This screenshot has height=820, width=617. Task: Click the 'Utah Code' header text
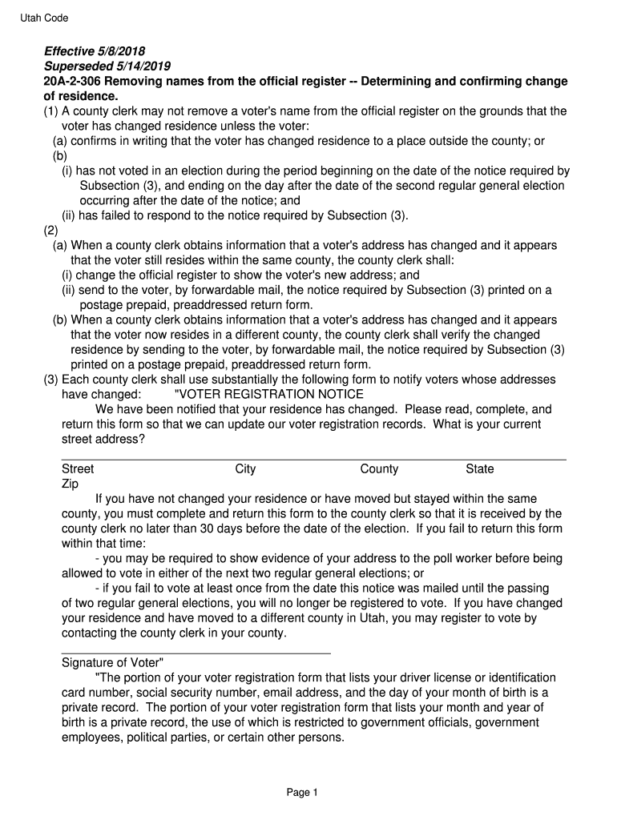(44, 18)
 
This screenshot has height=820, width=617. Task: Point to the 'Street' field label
(78, 469)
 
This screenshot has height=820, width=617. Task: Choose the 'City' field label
(245, 469)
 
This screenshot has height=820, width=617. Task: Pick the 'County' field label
(379, 469)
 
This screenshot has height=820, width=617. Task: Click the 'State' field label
(480, 469)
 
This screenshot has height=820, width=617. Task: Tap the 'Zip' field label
(70, 484)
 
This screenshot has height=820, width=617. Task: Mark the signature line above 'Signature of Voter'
(196, 653)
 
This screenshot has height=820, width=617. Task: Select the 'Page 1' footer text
(303, 793)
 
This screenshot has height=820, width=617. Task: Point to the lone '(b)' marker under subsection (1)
(61, 156)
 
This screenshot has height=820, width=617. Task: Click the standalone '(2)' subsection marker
(51, 231)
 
